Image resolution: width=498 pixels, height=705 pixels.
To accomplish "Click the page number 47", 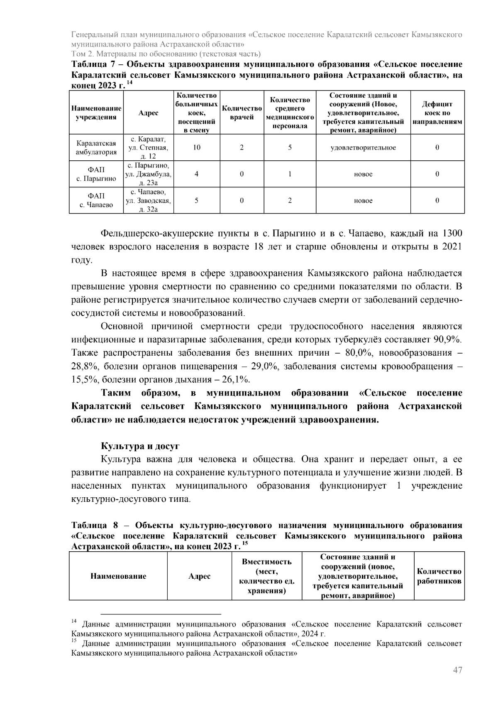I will (457, 670).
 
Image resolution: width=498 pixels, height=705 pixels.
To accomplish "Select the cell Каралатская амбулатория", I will (96, 147).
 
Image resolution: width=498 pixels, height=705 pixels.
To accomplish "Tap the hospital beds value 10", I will (197, 147).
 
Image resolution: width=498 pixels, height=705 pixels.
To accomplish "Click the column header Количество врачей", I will (242, 113).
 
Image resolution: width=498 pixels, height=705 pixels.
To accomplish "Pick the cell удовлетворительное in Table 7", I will (363, 147).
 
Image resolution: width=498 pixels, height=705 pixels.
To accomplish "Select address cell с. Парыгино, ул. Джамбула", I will (149, 174).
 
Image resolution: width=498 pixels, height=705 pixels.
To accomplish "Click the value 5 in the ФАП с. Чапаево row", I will (197, 200).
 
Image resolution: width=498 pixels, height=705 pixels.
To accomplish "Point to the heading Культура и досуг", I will (140, 446).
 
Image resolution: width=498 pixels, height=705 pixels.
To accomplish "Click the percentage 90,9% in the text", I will (447, 339).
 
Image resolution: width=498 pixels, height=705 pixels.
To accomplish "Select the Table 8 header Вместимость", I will (266, 562).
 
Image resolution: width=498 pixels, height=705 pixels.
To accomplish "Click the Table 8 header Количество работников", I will (439, 576).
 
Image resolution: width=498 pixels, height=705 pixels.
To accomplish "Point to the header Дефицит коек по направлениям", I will (437, 113).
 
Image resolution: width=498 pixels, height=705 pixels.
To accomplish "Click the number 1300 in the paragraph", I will (452, 233).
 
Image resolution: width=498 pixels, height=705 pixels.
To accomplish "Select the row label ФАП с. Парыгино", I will (96, 174).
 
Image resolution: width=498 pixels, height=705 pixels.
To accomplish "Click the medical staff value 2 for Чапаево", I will (290, 200).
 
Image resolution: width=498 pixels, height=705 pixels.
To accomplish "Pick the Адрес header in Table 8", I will (199, 576).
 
